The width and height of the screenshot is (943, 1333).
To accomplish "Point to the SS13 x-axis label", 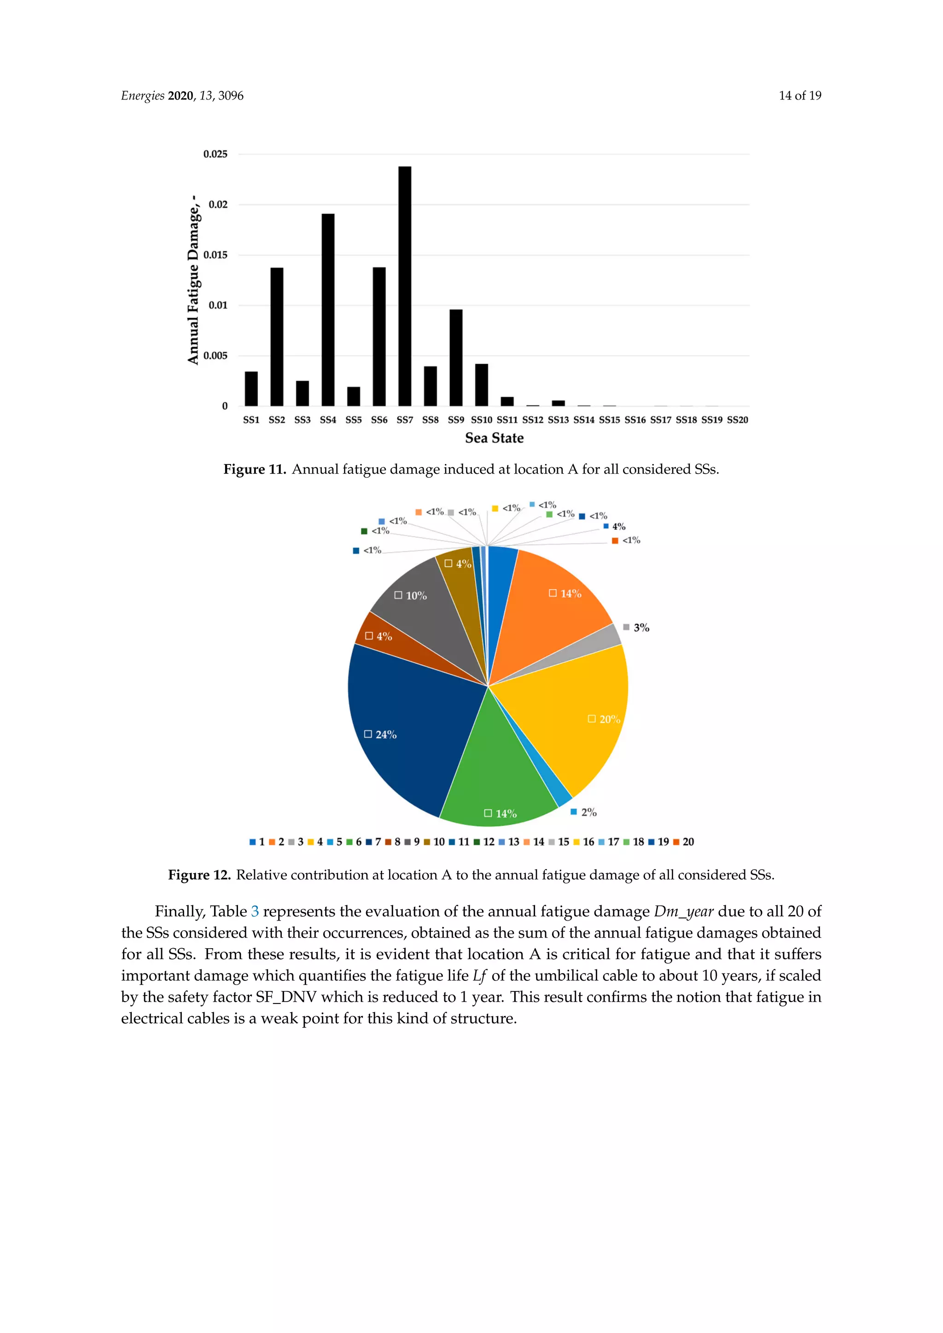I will coord(558,420).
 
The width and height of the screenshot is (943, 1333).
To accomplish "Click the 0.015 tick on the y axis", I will coord(215,255).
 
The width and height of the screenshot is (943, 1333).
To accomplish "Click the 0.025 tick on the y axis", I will coord(215,154).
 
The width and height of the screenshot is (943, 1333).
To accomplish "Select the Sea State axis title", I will coord(494,438).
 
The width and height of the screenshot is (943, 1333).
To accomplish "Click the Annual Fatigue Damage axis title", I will coord(193,280).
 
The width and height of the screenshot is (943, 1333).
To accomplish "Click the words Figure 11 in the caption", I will coord(254,469).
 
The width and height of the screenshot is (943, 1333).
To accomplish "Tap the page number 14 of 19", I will coord(800,96).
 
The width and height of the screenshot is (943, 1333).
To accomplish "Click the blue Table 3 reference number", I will coord(255,911).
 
